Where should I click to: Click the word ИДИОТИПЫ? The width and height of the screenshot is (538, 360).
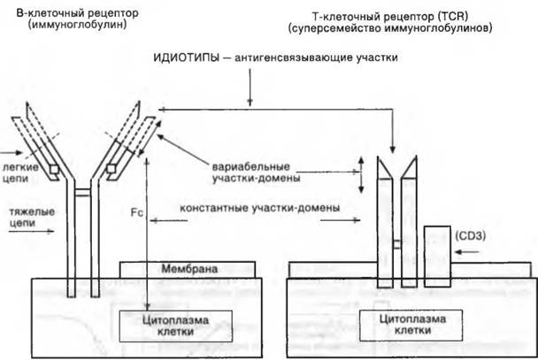pyautogui.click(x=186, y=57)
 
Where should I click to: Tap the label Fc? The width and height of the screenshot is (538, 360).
pyautogui.click(x=136, y=212)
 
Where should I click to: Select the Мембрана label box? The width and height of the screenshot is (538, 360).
pyautogui.click(x=188, y=270)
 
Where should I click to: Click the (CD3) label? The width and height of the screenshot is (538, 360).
pyautogui.click(x=470, y=236)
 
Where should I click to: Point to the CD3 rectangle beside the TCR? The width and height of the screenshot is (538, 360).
pyautogui.click(x=437, y=257)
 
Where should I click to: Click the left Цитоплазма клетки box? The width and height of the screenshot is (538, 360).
pyautogui.click(x=176, y=326)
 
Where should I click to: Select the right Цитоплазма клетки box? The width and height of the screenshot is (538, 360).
pyautogui.click(x=411, y=325)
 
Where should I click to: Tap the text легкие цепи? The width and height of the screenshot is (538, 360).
pyautogui.click(x=19, y=172)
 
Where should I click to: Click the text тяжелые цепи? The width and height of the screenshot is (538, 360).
pyautogui.click(x=32, y=218)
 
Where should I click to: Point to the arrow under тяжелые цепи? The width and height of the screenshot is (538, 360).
pyautogui.click(x=31, y=232)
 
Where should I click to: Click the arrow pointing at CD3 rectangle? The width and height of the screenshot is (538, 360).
pyautogui.click(x=466, y=252)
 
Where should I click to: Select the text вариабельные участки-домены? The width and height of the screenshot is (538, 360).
pyautogui.click(x=256, y=172)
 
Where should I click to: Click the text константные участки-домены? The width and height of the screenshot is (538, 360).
pyautogui.click(x=260, y=208)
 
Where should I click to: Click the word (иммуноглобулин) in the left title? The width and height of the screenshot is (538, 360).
pyautogui.click(x=78, y=25)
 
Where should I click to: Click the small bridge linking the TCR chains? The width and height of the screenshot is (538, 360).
pyautogui.click(x=397, y=244)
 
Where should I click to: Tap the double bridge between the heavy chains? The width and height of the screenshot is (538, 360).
pyautogui.click(x=82, y=193)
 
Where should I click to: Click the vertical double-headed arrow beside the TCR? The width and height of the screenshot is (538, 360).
pyautogui.click(x=361, y=174)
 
